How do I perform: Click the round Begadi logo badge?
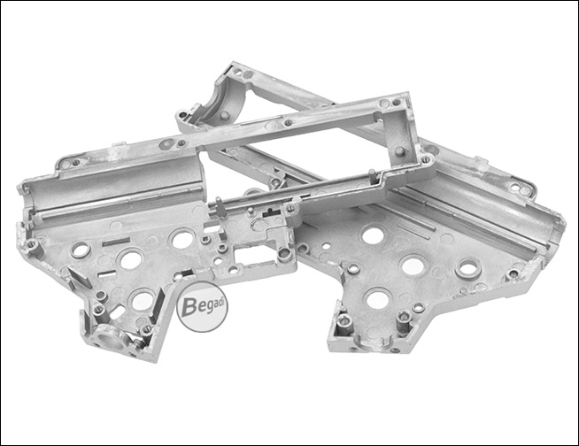click(x=202, y=307)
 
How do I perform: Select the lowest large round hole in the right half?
click(x=378, y=299)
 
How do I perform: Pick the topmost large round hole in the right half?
click(x=374, y=235)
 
